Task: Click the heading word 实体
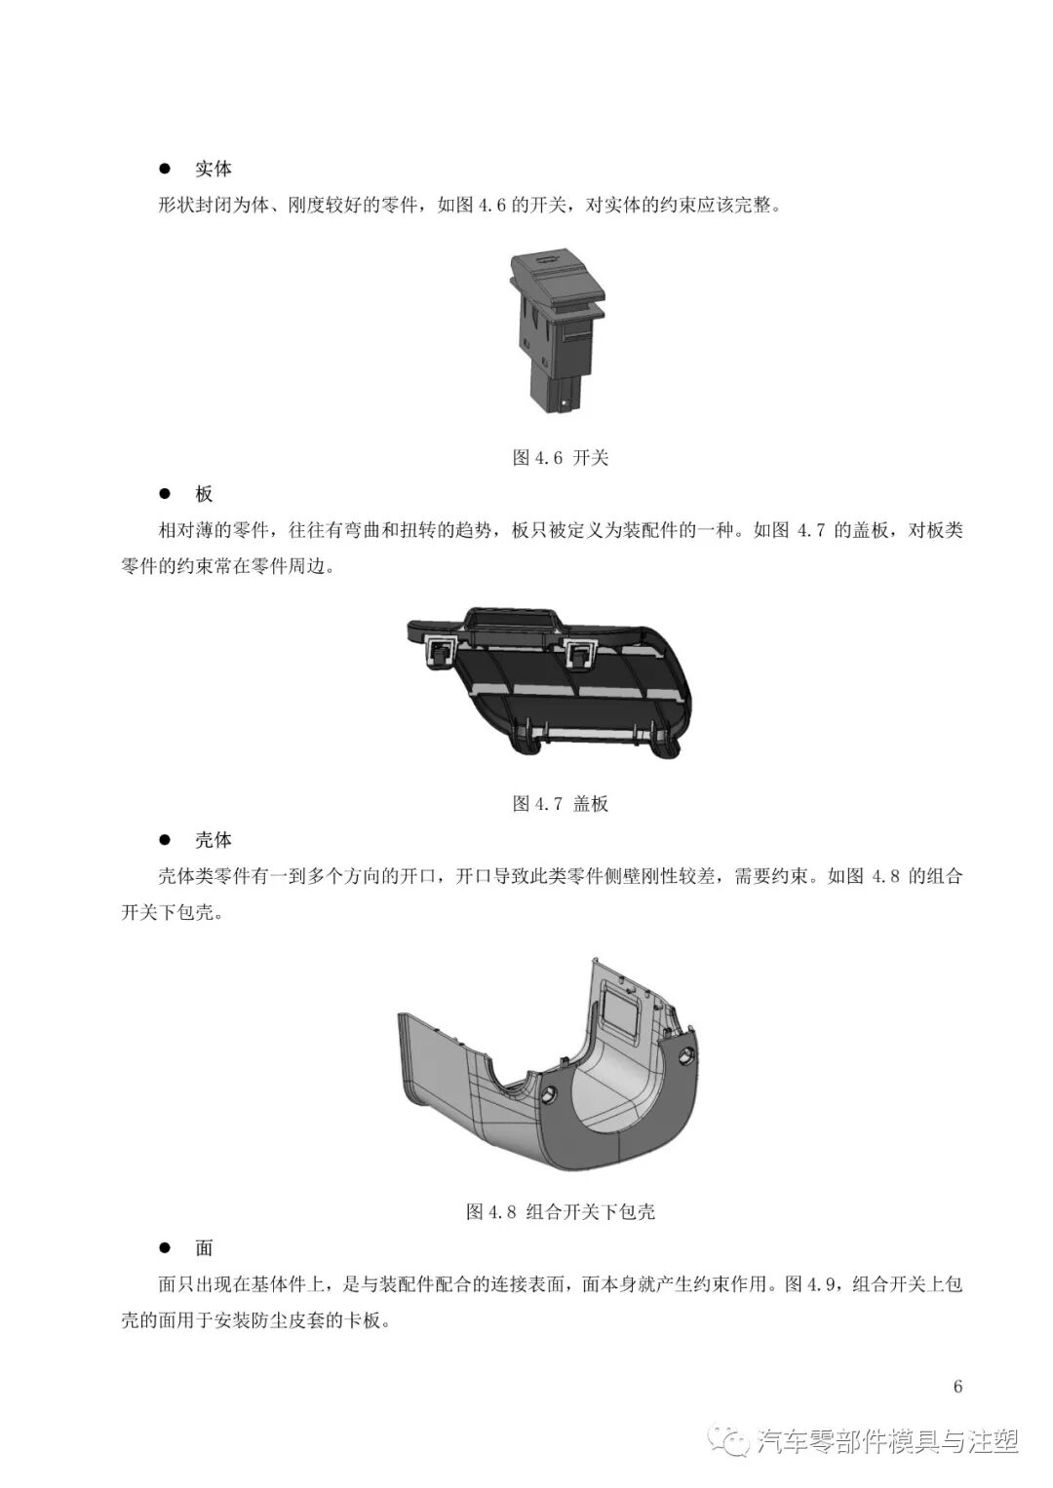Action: pos(213,170)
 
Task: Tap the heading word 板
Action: pos(204,494)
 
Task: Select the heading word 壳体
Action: pos(213,840)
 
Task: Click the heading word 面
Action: pos(204,1248)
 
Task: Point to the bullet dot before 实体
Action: pos(165,170)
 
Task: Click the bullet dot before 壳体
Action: pos(165,840)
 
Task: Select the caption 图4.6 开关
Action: pos(560,458)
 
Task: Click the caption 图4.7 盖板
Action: pos(560,804)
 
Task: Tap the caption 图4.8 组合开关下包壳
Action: pos(560,1212)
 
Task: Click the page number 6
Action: pos(957,1387)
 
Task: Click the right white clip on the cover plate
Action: pos(582,651)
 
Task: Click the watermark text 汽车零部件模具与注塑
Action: pos(887,1441)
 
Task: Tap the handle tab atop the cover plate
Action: pos(511,620)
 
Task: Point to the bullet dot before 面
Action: pos(165,1248)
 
